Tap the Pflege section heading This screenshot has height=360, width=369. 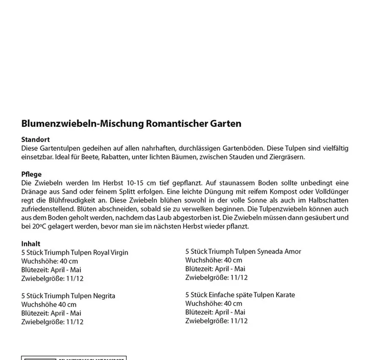coord(32,174)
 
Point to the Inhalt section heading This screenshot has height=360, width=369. coord(31,243)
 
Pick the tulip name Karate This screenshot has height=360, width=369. coord(283,295)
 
